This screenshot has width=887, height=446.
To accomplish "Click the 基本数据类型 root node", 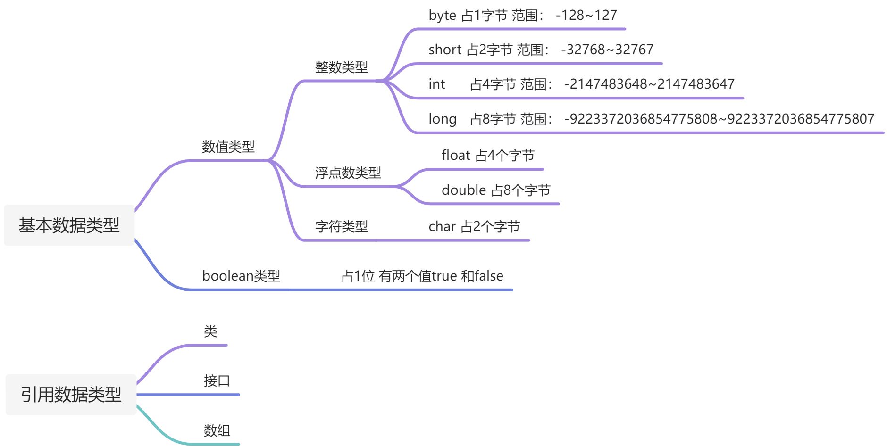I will [69, 225].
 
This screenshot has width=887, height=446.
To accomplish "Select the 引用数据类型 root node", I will [71, 395].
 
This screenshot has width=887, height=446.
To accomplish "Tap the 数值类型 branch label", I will [228, 147].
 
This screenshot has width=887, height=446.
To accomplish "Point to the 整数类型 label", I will [341, 67].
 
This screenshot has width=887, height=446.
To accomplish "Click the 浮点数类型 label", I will [348, 173].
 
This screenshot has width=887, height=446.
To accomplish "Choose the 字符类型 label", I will [341, 227].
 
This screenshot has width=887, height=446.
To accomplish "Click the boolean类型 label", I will [241, 276].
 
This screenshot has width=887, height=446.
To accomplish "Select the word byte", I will [442, 16].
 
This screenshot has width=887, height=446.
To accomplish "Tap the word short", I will [444, 50].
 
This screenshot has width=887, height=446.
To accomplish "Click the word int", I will [436, 84].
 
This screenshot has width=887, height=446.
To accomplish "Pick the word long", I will [442, 119].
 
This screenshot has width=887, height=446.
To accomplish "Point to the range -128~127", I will [586, 16].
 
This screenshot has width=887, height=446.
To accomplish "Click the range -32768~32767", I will [607, 50].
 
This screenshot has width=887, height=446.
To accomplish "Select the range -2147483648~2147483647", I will [649, 84].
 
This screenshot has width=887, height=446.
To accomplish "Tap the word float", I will [456, 155].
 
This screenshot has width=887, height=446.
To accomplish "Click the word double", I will [463, 190].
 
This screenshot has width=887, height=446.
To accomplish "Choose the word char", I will [442, 227].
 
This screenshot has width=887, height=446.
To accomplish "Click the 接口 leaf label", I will [217, 380].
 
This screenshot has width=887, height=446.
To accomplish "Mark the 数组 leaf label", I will [217, 430].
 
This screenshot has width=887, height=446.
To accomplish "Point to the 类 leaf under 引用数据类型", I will [210, 331].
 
